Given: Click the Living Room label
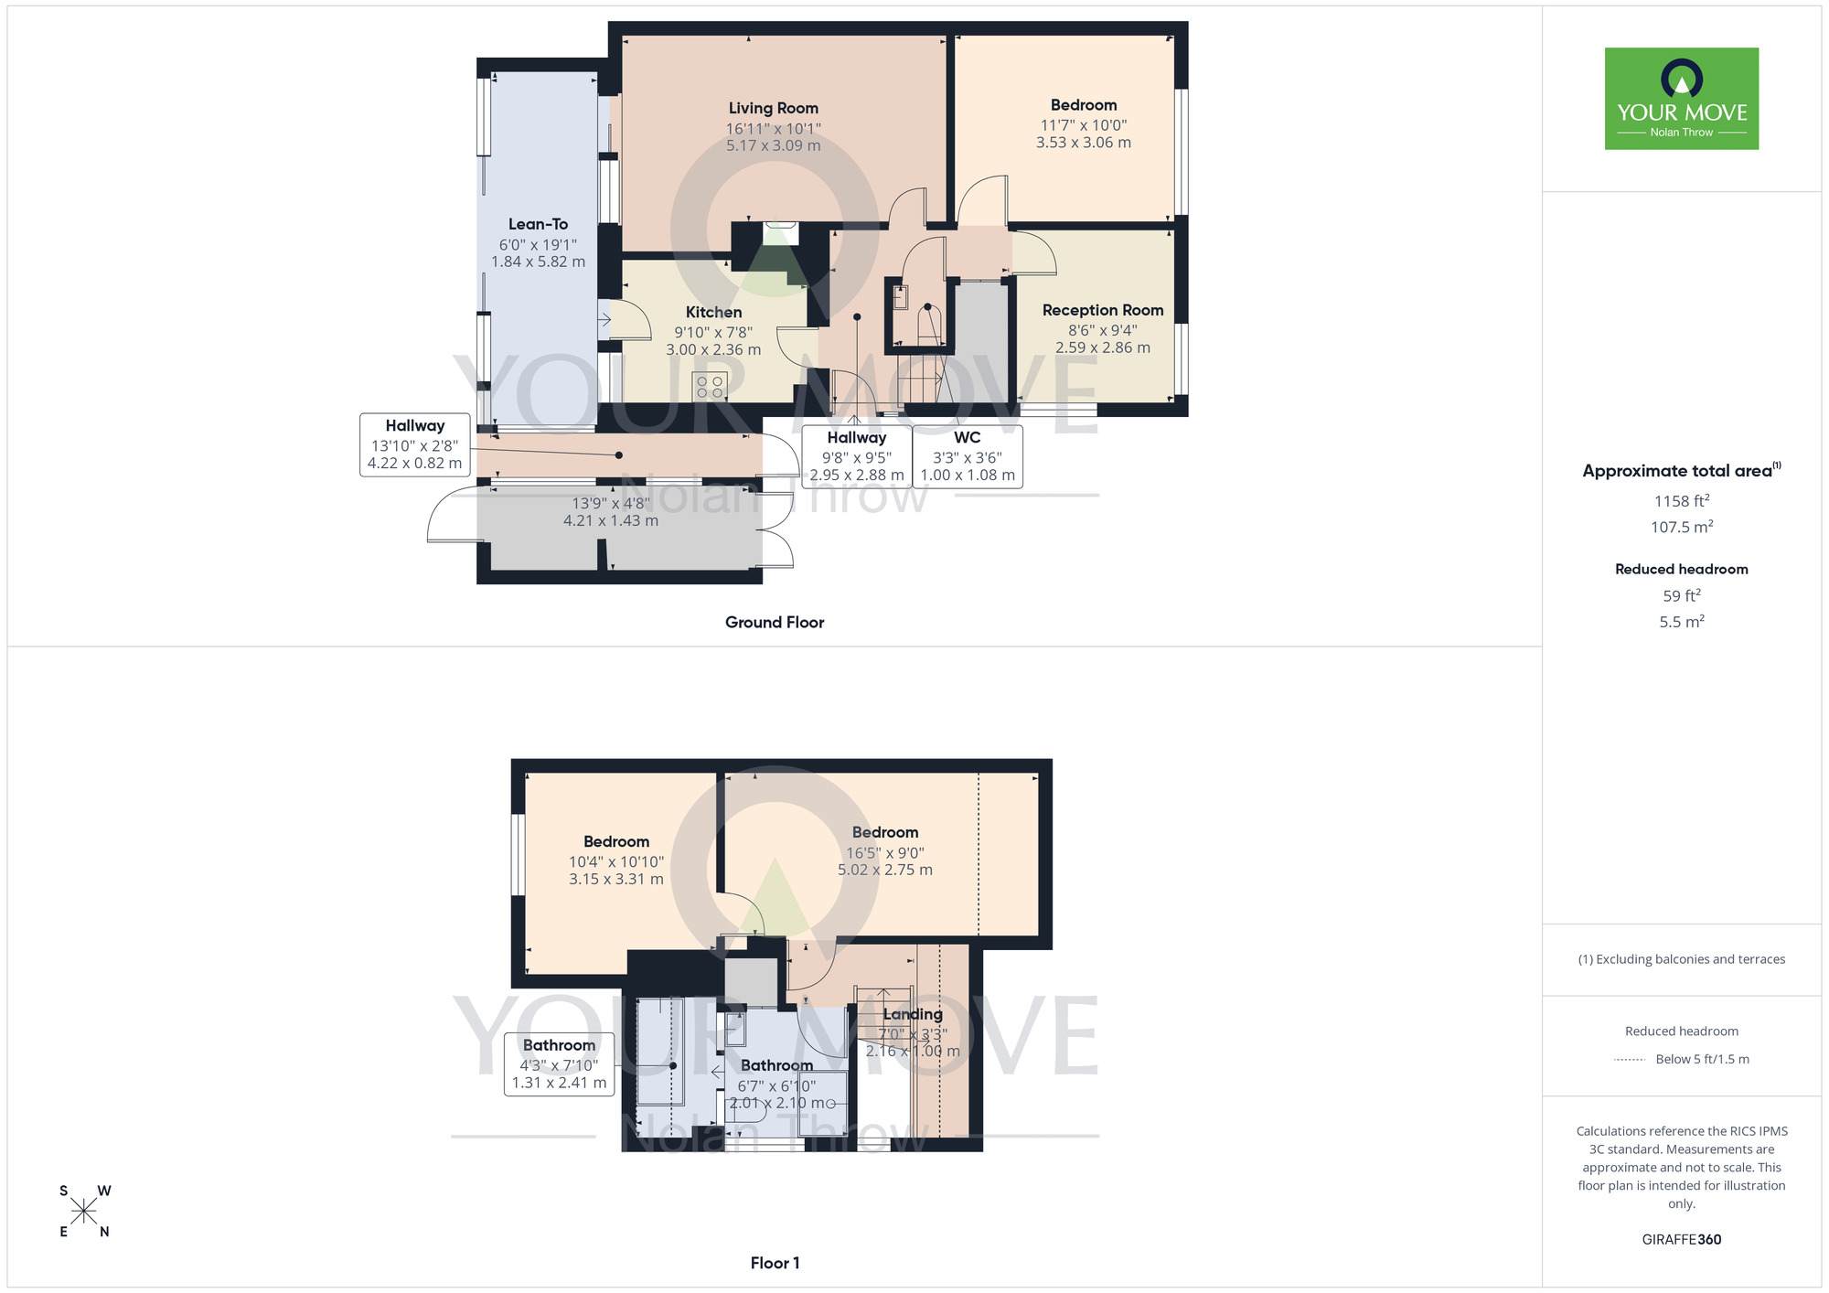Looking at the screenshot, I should [x=773, y=108].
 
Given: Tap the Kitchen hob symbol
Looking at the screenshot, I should [x=710, y=386].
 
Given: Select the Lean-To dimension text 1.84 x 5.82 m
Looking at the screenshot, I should [x=538, y=262].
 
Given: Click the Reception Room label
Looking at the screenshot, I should [x=1102, y=310].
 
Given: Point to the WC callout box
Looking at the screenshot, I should [x=968, y=455].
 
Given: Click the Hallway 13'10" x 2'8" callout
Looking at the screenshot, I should [x=414, y=444].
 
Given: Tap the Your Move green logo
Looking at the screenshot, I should [x=1681, y=99].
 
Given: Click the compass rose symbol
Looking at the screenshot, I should [x=84, y=1212].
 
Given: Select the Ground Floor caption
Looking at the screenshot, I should [x=774, y=622].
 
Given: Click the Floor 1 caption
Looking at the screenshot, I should [x=775, y=1263].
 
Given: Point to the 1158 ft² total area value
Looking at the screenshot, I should [x=1681, y=501].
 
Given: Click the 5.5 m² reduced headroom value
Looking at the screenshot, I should [x=1681, y=622].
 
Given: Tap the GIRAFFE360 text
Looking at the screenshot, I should [x=1681, y=1240].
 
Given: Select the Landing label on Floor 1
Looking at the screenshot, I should [x=912, y=1014].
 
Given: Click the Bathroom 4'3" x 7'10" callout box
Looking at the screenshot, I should [x=559, y=1063].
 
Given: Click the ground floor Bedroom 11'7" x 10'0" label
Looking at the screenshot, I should [x=1083, y=105].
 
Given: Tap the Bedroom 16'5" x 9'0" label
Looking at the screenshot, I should [x=884, y=832].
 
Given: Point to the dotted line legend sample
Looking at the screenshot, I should [x=1630, y=1060].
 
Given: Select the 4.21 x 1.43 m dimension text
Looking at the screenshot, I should [x=610, y=520].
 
